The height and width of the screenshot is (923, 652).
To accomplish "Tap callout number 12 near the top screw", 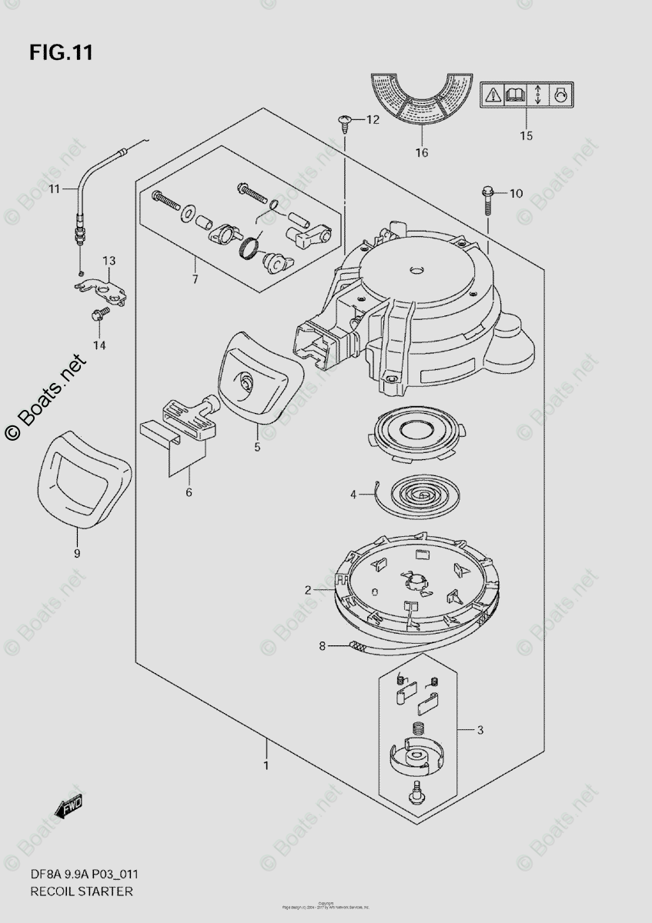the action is pos(373,120).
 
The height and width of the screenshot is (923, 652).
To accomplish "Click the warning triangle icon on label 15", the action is pos(492,95).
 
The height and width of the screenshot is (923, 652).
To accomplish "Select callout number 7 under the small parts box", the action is pos(195,279).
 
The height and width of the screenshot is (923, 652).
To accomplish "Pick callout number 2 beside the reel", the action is pos(308,591).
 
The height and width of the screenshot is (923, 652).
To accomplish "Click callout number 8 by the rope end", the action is pos(322,646).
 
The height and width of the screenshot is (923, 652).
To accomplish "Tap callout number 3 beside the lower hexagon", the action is pos(480,730).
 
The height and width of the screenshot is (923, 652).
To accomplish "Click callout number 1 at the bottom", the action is pos(266,765).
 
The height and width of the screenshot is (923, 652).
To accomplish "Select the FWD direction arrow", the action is pos(69,808).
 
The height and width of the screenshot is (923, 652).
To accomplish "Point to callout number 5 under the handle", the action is pos(257,446).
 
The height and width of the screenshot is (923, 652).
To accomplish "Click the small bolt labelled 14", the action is pos(99,315).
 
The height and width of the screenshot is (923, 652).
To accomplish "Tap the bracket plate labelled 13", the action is pos(100,289).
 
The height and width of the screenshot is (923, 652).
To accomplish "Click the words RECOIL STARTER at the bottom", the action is pos(82,891).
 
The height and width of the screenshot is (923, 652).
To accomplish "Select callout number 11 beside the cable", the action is pos(53,189).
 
